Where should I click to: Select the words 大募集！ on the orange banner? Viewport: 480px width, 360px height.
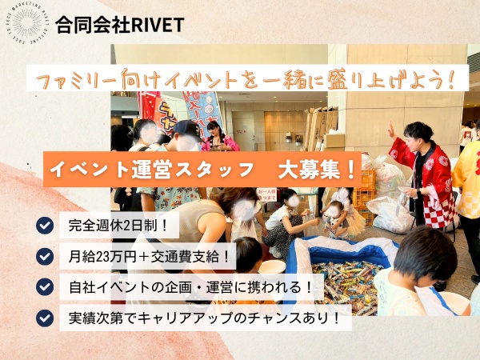[x=316, y=169]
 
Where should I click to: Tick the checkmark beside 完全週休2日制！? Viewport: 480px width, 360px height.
[x=45, y=225]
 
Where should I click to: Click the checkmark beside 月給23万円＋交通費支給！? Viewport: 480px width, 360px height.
[x=45, y=256]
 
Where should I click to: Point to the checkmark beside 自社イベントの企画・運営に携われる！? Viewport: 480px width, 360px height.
[x=45, y=286]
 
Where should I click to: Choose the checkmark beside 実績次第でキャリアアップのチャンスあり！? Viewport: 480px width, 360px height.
[x=45, y=318]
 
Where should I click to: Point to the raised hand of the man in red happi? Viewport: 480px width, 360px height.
[x=390, y=128]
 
